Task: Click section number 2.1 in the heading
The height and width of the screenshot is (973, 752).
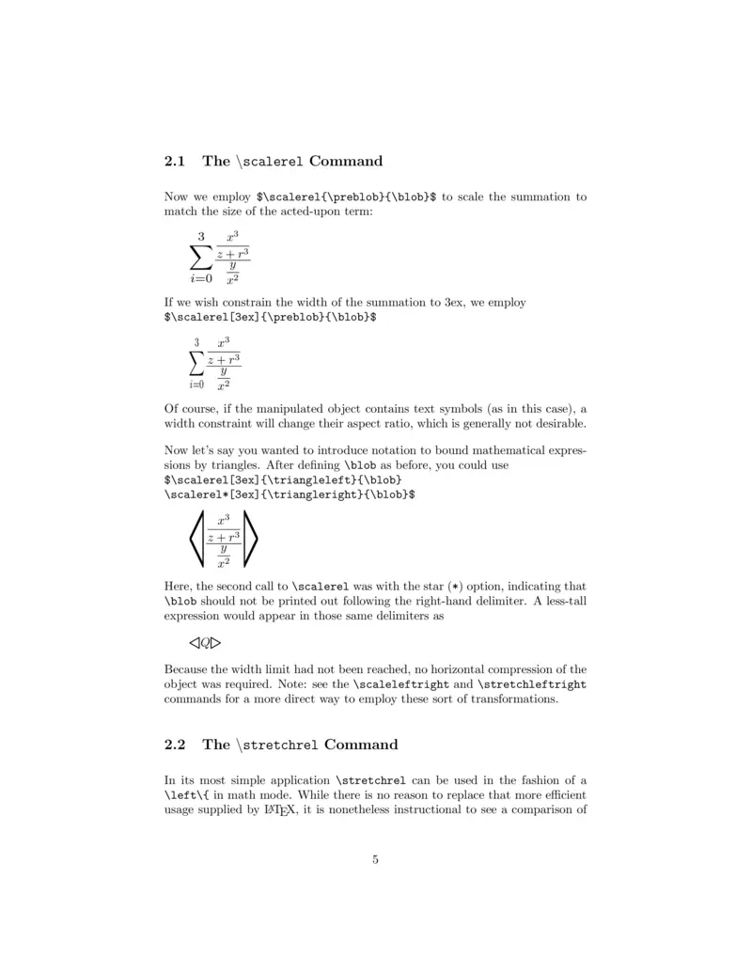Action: pos(177,161)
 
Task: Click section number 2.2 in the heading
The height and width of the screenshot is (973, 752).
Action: pos(177,745)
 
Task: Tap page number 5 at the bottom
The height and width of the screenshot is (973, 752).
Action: pos(375,858)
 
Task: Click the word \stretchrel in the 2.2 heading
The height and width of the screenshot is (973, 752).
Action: pos(279,745)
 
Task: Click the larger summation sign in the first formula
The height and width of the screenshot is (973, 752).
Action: pos(201,255)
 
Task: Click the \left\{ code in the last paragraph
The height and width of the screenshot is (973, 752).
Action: pos(186,795)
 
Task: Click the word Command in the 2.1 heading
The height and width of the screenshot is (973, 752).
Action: pos(346,161)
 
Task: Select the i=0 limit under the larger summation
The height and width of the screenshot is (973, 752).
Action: pos(200,277)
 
